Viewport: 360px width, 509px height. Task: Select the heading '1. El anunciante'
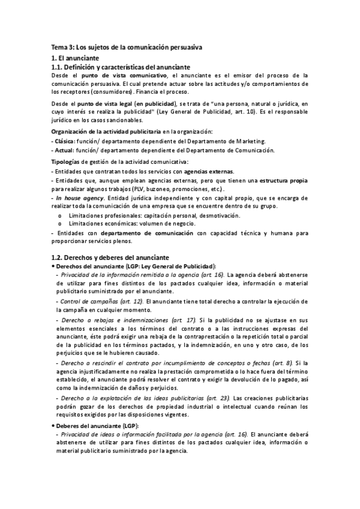[x=76, y=58]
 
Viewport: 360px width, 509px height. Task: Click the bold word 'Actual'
[x=61, y=149]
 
